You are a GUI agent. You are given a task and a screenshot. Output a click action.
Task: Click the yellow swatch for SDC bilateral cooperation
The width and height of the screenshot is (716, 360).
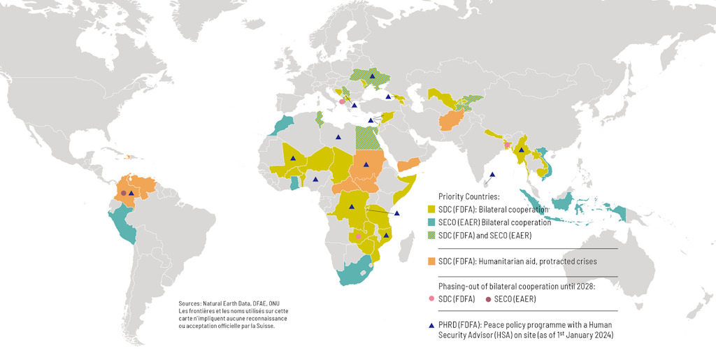click(431, 210)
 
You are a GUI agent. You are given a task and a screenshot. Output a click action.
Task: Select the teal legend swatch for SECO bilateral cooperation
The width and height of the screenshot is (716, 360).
click(431, 222)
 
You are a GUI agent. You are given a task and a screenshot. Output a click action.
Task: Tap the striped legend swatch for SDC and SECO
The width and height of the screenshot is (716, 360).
click(431, 236)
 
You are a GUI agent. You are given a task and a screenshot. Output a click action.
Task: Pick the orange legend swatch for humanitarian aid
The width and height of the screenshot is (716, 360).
click(431, 261)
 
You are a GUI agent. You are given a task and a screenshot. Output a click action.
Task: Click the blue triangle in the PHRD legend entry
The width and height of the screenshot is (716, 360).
click(431, 325)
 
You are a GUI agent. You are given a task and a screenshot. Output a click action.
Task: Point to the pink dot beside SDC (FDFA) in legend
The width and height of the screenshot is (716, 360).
click(431, 299)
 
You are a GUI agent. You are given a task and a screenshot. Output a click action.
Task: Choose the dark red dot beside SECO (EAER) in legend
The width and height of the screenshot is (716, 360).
click(487, 299)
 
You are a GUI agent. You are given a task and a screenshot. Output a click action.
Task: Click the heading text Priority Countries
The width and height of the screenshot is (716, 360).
click(468, 196)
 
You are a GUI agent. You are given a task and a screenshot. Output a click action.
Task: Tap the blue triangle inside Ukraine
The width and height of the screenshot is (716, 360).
click(373, 75)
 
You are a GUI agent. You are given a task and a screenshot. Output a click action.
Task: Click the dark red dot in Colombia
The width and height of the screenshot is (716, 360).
click(123, 193)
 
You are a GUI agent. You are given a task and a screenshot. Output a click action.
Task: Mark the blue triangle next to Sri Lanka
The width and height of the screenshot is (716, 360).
click(492, 175)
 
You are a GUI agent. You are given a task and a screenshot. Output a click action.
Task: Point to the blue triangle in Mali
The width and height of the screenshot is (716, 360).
click(294, 159)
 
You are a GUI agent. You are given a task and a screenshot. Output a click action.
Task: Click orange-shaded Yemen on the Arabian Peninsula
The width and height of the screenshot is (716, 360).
click(408, 165)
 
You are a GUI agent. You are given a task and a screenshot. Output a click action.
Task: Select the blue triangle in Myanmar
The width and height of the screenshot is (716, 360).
click(521, 150)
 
